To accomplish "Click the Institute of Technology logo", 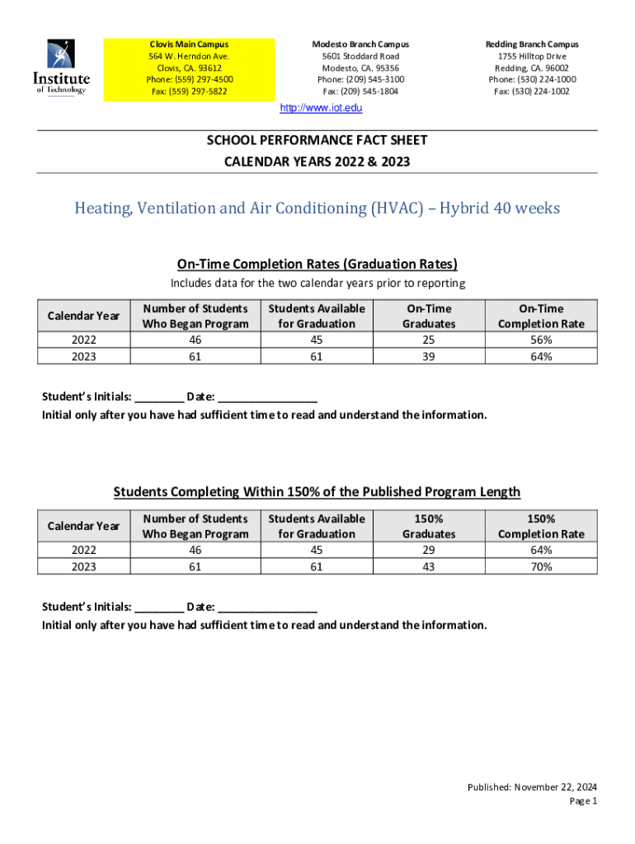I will tap(61, 68).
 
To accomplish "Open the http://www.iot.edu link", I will tap(322, 108).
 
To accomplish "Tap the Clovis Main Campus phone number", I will tap(190, 79).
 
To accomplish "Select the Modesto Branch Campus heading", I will tap(360, 44).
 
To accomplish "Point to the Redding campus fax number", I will tap(532, 91).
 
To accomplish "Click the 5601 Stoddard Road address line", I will tap(360, 56).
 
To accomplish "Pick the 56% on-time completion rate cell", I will tap(541, 340).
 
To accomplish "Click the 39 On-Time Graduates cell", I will tap(429, 356).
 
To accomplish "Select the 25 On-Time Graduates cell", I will tap(429, 340).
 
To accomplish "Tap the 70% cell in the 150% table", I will tap(541, 566).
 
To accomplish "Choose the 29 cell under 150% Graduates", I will tap(429, 550).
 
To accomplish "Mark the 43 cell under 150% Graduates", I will tap(429, 566).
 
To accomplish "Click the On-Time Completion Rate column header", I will tap(541, 316).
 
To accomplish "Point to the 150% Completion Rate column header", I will tap(541, 526).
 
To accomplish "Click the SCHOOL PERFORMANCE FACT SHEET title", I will tap(317, 141).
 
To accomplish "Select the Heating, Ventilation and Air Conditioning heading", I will tap(317, 208).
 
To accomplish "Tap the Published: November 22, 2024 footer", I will tap(532, 787).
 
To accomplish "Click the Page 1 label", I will tap(583, 800).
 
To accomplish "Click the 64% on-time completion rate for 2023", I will tap(541, 356).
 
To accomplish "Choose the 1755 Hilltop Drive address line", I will tap(532, 56).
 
